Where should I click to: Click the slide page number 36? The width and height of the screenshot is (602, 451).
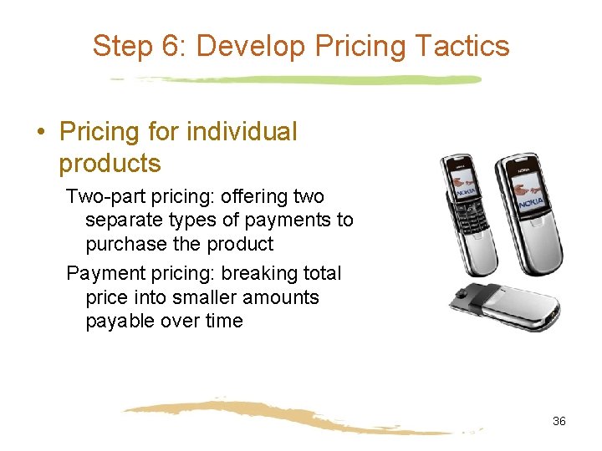559,421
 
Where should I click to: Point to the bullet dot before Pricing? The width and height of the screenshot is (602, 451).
39,132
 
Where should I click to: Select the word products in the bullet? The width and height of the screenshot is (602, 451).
110,164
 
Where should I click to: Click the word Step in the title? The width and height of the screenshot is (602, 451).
122,46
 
